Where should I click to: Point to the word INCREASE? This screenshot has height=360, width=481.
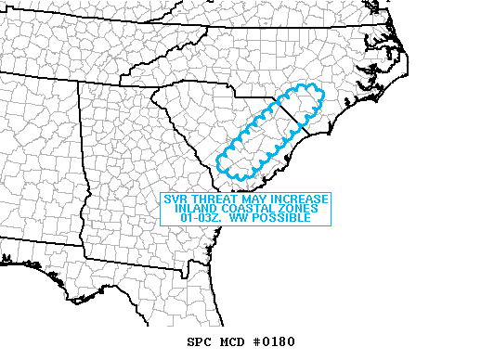297,199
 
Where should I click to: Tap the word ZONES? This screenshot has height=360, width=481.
298,209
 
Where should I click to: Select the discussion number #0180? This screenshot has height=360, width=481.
271,341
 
